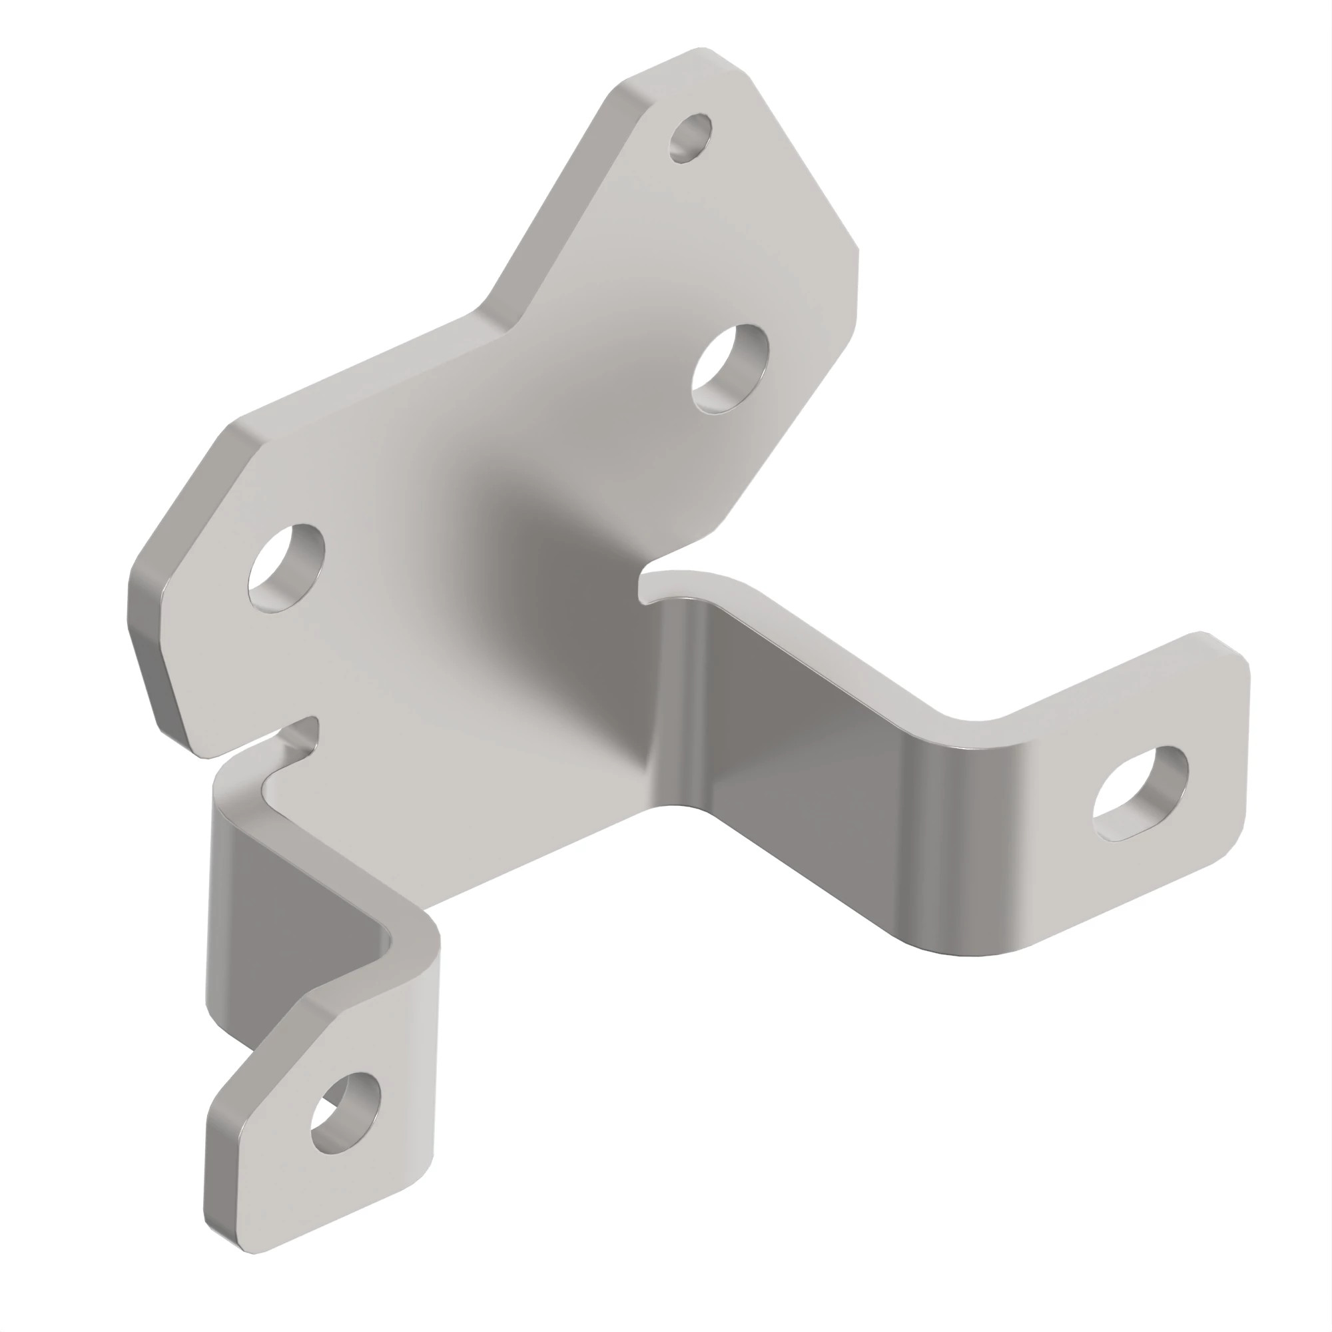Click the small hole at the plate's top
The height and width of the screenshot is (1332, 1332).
coord(691,138)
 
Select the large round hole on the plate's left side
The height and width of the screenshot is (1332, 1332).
coord(286,568)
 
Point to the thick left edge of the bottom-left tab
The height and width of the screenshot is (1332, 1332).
coord(211,1172)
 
